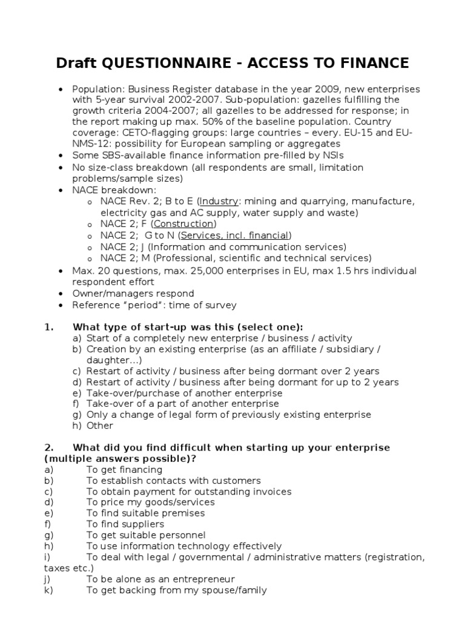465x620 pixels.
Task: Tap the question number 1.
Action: pyautogui.click(x=48, y=327)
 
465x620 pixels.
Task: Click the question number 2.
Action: pyautogui.click(x=48, y=447)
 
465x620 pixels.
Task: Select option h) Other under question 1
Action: pyautogui.click(x=100, y=425)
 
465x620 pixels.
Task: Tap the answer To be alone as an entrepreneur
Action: pyautogui.click(x=160, y=579)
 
